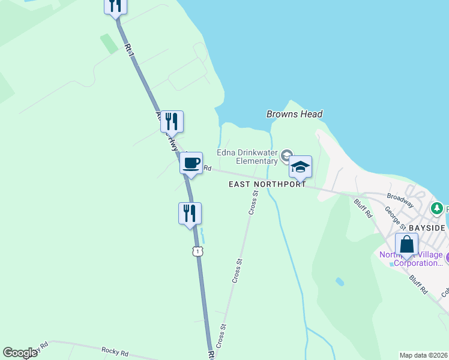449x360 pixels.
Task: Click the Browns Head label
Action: (294, 114)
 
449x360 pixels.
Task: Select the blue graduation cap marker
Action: (300, 167)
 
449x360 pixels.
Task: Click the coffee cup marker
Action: (191, 163)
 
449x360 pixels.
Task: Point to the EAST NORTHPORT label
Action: (267, 185)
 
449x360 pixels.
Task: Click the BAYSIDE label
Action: (427, 229)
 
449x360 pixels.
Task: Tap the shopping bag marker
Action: (406, 245)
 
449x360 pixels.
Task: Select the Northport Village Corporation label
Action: (411, 259)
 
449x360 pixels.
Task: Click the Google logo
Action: (20, 353)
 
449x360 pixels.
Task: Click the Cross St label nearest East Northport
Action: (253, 202)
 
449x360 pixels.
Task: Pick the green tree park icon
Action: (438, 208)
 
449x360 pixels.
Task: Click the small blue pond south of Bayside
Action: (340, 281)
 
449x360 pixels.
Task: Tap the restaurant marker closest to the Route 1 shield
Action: (190, 214)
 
